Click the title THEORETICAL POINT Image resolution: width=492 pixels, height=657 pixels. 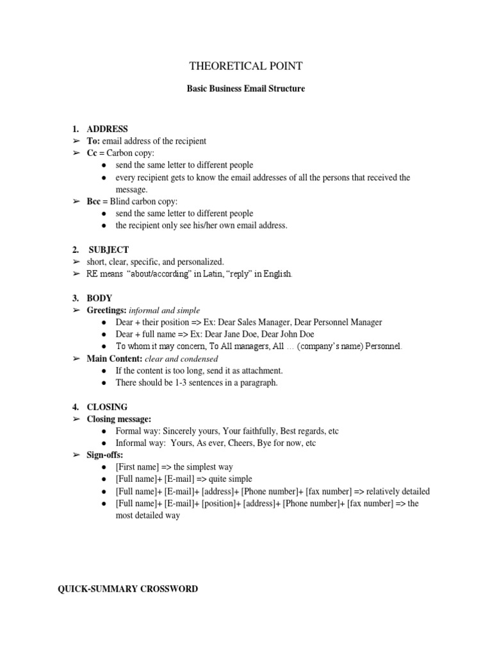pos(245,67)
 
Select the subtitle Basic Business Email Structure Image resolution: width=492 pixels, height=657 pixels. pos(245,89)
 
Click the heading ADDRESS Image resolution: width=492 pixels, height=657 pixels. pos(107,129)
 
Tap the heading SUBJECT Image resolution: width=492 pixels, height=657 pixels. pos(108,250)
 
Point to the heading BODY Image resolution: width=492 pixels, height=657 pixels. pos(99,298)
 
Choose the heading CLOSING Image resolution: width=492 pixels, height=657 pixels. pos(107,407)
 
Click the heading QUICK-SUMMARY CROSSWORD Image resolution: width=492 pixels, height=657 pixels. pos(128,588)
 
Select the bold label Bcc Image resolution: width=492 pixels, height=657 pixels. pos(94,201)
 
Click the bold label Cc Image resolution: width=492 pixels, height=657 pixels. pos(92,153)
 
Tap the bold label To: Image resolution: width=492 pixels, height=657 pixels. pos(94,141)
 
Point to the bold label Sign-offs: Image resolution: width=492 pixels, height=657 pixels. pos(104,455)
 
